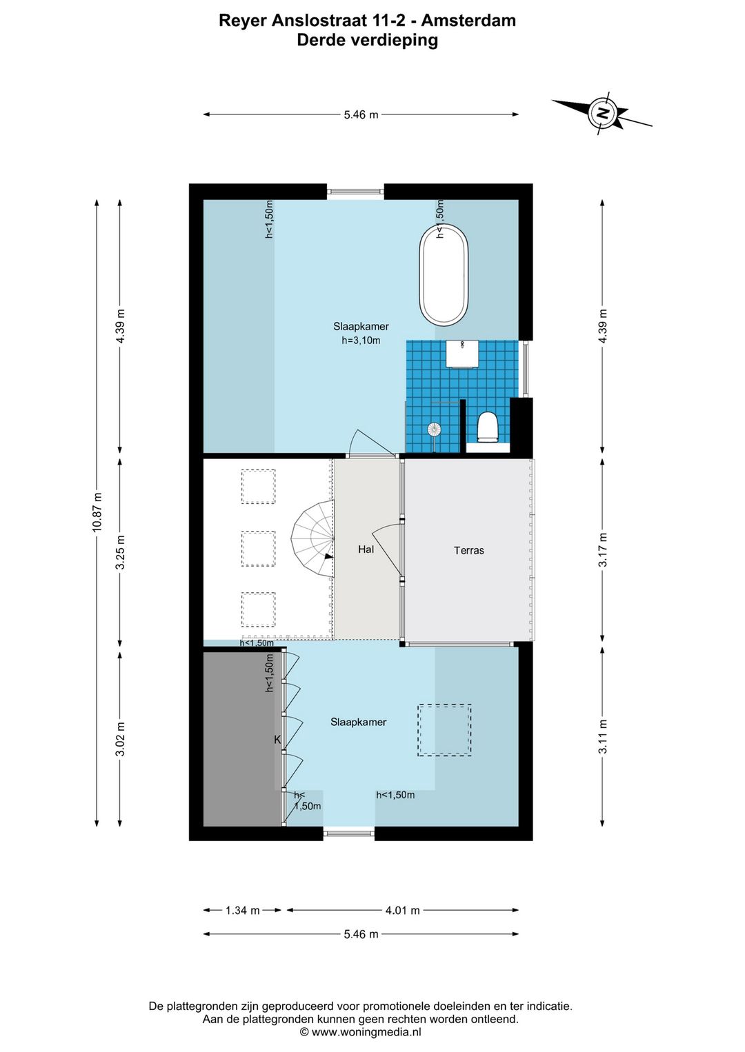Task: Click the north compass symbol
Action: pos(601,113)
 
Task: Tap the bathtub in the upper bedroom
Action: pos(444,274)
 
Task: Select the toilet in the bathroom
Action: pos(487,427)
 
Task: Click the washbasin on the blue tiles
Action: pos(462,354)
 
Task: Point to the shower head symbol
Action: pos(433,429)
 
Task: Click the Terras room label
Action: pos(468,550)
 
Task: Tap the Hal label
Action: pos(366,549)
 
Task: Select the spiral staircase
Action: pos(312,540)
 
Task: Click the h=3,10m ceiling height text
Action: pos(361,341)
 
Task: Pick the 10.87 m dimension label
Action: pos(97,512)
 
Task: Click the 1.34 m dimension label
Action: pos(243,910)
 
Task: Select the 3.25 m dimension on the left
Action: pos(120,552)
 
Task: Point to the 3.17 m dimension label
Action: pos(603,549)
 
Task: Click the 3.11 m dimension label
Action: pos(603,736)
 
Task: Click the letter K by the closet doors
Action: pos(277,740)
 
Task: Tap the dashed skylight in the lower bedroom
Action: pos(444,730)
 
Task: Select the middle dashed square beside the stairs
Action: pos(258,548)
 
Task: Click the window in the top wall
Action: pos(355,192)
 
